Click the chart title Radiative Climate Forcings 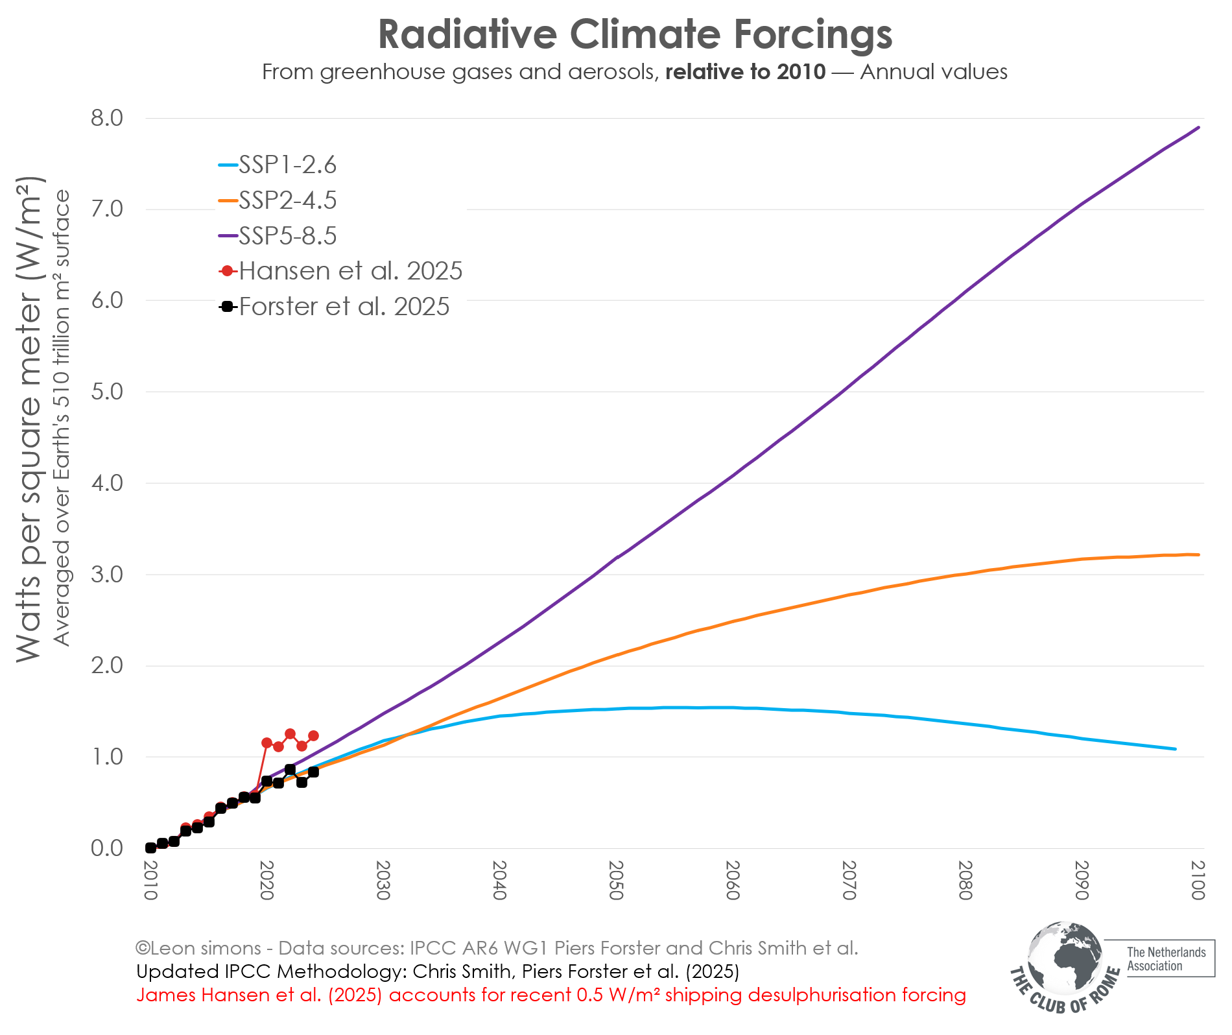point(635,34)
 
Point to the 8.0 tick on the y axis point(107,118)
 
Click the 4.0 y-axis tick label point(107,483)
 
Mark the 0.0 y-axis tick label point(107,848)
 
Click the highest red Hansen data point point(290,734)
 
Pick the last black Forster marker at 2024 point(313,772)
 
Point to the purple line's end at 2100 point(1198,128)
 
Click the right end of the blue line point(1175,749)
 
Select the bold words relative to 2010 point(745,72)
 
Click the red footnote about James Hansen point(551,995)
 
